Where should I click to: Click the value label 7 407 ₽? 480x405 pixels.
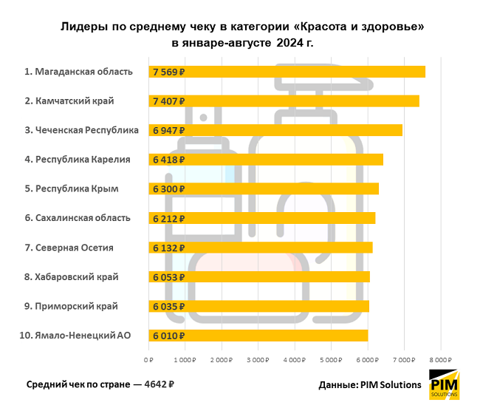coord(168,101)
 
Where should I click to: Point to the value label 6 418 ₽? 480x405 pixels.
coord(168,160)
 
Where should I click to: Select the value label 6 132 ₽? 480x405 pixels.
coord(168,248)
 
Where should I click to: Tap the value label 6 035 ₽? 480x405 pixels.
coord(168,306)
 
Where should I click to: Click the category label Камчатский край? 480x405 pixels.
coord(75,101)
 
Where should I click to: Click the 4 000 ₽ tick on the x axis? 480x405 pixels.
coord(294,360)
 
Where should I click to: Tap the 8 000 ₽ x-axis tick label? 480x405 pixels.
coord(440,360)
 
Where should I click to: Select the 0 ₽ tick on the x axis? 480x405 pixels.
coord(148,360)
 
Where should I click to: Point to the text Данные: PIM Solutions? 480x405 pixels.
coord(369,385)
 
